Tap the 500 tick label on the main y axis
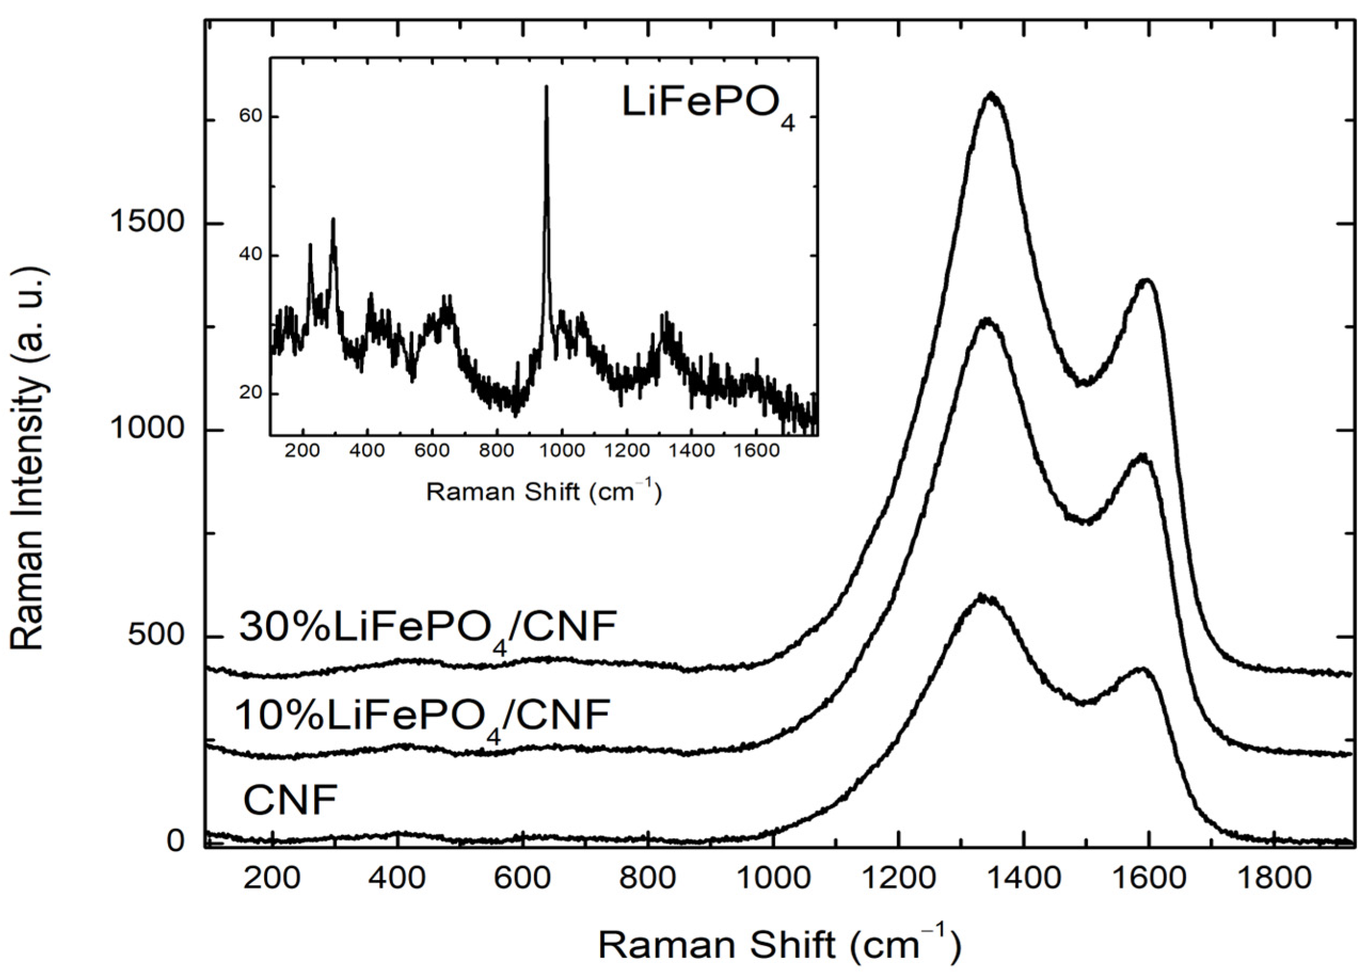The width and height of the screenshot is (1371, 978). [x=155, y=636]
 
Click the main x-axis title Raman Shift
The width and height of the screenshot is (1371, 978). [x=778, y=945]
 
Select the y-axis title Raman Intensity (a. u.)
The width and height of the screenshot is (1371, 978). [x=28, y=460]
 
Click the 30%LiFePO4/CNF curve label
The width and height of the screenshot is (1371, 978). [x=428, y=628]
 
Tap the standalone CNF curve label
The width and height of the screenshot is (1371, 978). [x=290, y=800]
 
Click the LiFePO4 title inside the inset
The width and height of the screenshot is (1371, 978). [x=708, y=106]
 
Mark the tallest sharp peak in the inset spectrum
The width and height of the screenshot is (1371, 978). [x=546, y=87]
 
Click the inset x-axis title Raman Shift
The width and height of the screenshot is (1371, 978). [x=544, y=493]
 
